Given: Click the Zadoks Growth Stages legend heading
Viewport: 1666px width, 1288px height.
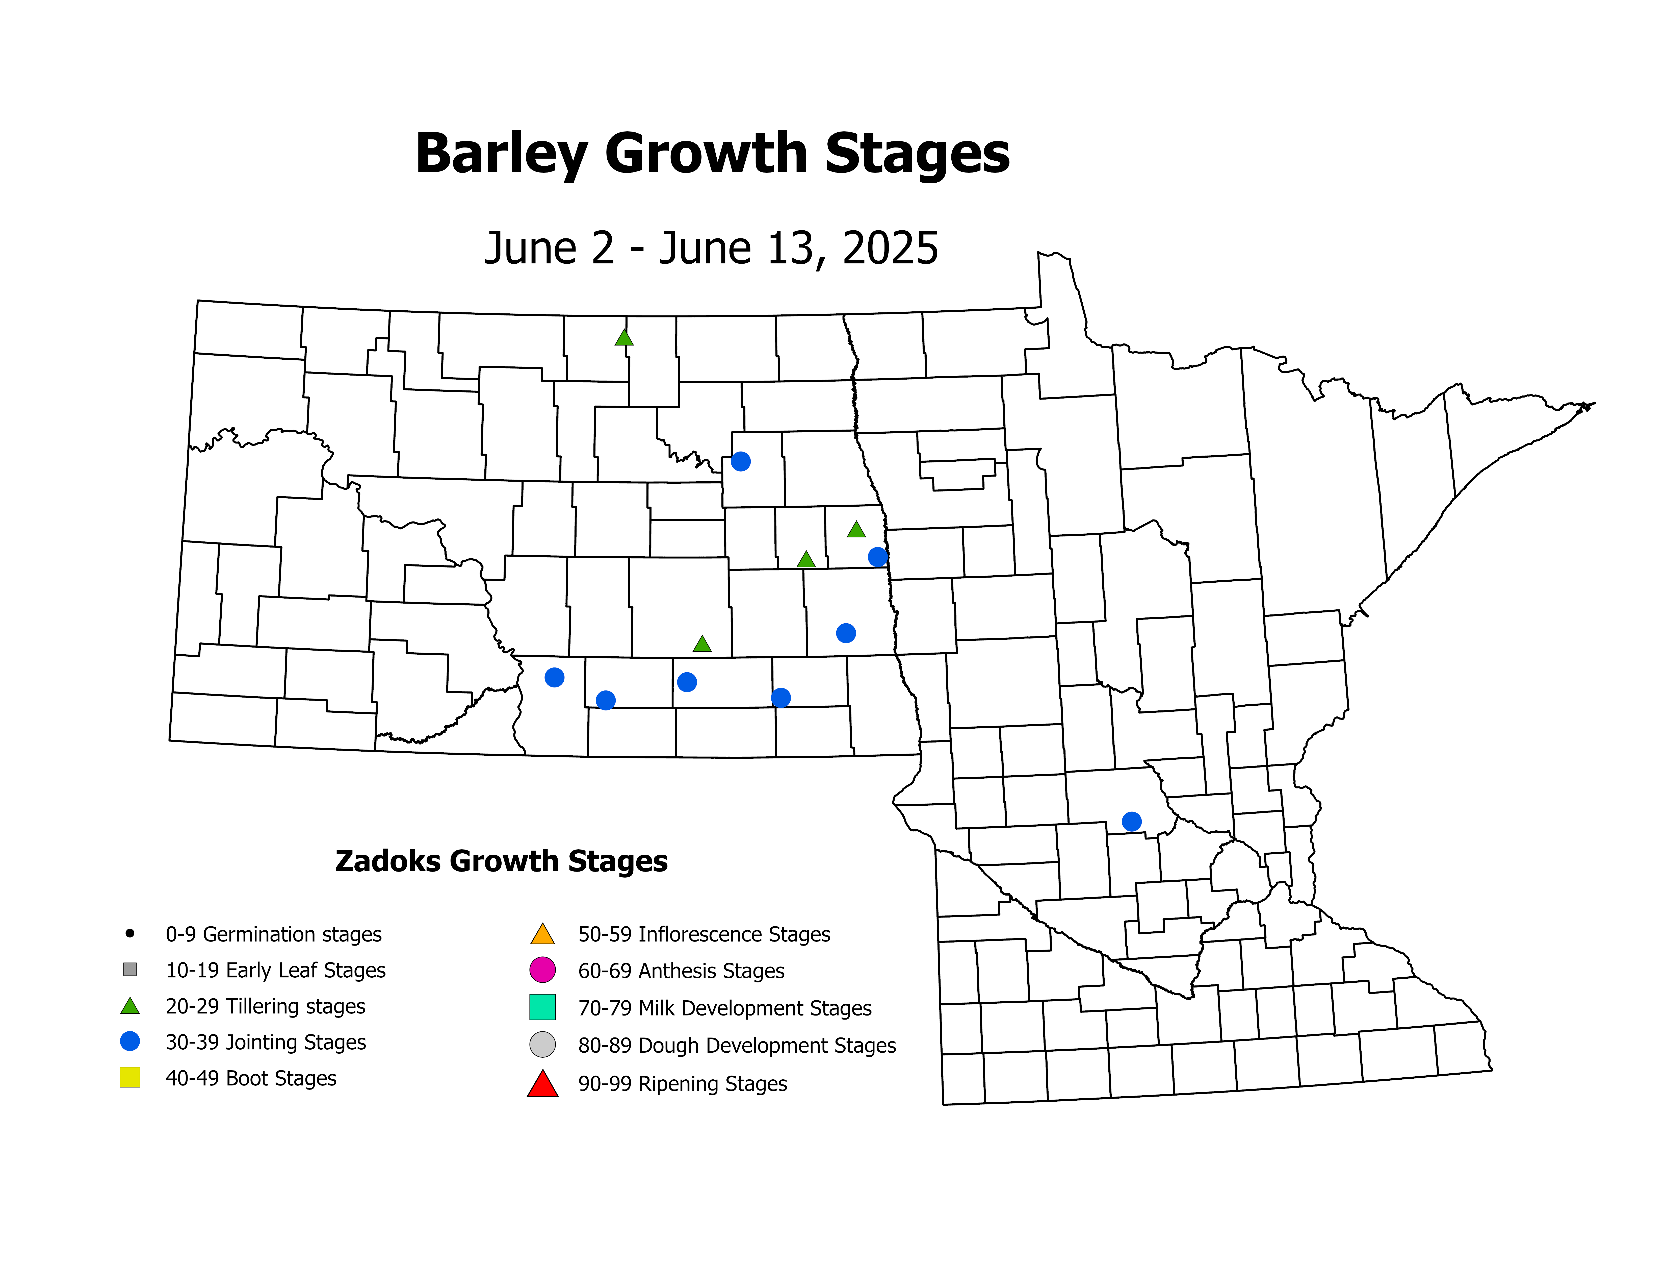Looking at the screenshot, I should tap(501, 861).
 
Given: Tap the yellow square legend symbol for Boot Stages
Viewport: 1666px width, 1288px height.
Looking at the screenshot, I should tap(130, 1077).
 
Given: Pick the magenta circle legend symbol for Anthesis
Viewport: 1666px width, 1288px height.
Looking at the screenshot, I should tap(542, 970).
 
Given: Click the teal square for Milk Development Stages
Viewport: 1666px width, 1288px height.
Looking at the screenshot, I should tap(542, 1007).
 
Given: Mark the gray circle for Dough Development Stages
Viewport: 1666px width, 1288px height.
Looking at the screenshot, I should tap(542, 1045).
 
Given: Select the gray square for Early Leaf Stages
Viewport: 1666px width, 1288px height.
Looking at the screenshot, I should tap(130, 969).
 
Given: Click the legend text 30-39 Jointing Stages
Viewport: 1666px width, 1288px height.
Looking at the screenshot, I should tap(266, 1042).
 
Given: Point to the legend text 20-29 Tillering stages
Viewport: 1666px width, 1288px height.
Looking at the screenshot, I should tap(266, 1006).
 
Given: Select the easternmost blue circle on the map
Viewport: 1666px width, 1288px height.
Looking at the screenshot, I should tap(1131, 821).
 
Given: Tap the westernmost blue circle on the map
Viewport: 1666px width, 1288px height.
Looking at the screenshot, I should tap(555, 678).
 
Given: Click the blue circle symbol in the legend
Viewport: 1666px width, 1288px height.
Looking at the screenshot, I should tap(130, 1042).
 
